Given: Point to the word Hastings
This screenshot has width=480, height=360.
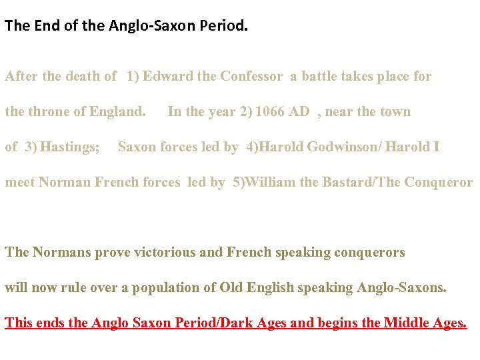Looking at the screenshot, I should pyautogui.click(x=69, y=147).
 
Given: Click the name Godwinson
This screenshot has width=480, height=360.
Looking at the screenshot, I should pyautogui.click(x=339, y=147).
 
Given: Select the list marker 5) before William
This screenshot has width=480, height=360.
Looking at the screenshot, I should pyautogui.click(x=239, y=182).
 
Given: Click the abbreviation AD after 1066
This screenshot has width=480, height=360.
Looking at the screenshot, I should pyautogui.click(x=299, y=111).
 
